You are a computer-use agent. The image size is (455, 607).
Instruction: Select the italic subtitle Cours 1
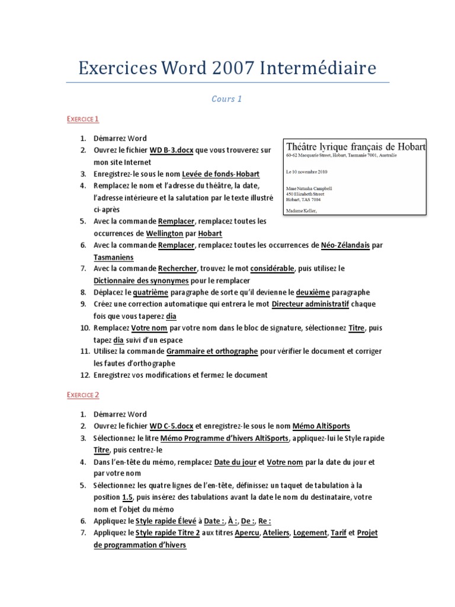227,98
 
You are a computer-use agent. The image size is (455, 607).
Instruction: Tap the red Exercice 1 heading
82,119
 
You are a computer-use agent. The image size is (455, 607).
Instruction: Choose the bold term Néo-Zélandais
344,245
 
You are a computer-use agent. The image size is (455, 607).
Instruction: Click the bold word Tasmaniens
114,257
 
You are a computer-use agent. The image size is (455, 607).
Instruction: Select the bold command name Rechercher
178,269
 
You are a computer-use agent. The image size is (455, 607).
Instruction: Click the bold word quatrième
150,292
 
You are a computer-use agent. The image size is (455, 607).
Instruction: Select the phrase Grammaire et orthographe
212,352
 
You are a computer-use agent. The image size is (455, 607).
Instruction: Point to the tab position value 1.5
127,497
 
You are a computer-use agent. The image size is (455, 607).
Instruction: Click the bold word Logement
310,533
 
